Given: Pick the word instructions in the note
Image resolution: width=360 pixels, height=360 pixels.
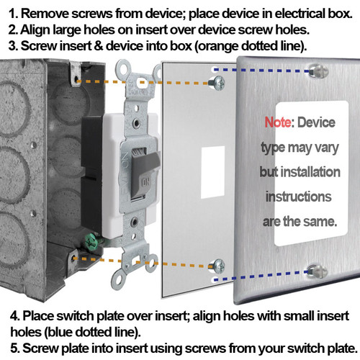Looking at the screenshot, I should point(298,196).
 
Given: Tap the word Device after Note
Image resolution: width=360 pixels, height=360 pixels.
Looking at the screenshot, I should point(317,123).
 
